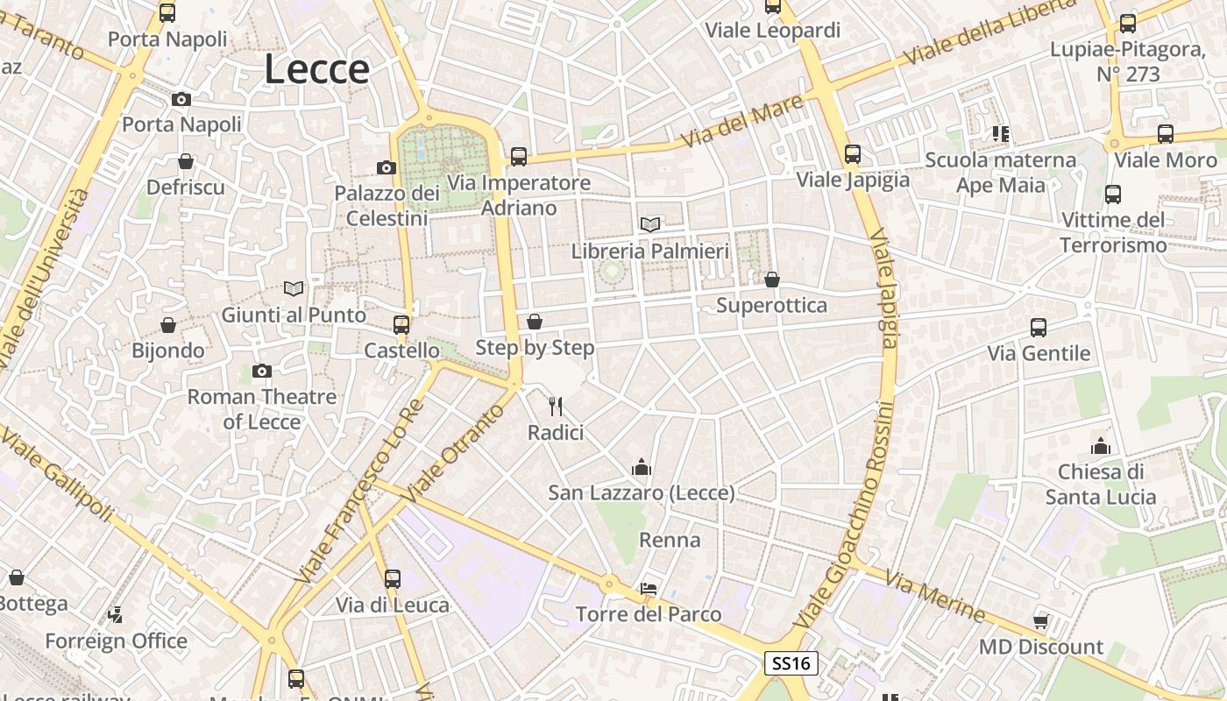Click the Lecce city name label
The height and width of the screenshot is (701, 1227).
[317, 70]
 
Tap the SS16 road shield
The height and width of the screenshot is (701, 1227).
[791, 663]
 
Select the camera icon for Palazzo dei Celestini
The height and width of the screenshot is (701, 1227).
[387, 167]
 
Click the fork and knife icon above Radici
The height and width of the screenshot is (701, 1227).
[555, 406]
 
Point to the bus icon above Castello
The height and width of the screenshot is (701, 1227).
[401, 324]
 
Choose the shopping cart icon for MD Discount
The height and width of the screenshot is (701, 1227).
[1041, 621]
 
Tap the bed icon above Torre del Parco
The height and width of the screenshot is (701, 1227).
[649, 588]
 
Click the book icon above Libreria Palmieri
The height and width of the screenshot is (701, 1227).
[650, 225]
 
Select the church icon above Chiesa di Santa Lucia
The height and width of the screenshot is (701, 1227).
[1101, 446]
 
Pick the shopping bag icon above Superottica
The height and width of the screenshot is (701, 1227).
[772, 280]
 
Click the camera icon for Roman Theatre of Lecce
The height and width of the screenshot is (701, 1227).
[261, 372]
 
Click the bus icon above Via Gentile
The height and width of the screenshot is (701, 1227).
[1039, 328]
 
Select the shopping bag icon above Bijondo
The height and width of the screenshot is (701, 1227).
[168, 325]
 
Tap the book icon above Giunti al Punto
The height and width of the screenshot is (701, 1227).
[294, 288]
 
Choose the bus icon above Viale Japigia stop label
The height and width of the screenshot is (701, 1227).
[853, 154]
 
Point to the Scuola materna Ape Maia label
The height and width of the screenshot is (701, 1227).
[1000, 173]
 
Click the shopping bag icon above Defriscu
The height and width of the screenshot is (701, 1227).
[186, 161]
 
